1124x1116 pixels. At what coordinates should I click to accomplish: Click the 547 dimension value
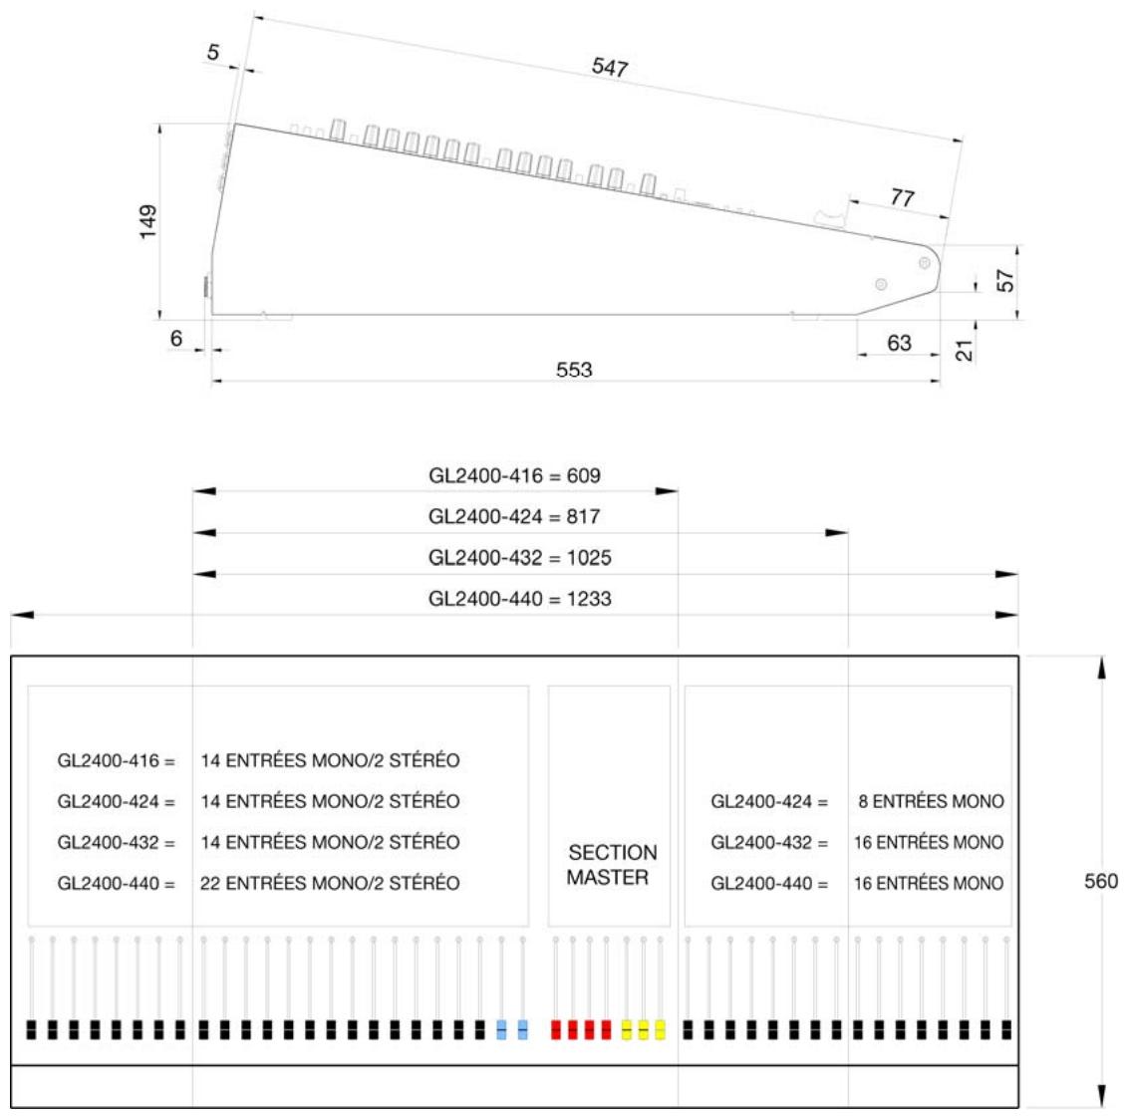(x=610, y=68)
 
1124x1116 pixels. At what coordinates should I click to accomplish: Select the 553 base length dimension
(x=574, y=370)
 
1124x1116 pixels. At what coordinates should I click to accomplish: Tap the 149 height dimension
(x=147, y=221)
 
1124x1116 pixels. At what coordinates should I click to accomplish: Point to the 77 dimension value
(x=903, y=197)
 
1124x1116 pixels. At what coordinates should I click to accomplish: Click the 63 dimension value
(x=899, y=344)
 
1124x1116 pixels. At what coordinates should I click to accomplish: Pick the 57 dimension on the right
(x=1005, y=280)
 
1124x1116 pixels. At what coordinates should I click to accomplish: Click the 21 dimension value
(x=965, y=351)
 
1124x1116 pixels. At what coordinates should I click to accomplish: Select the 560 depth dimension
(x=1101, y=881)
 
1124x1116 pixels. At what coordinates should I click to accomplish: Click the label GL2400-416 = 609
(x=515, y=476)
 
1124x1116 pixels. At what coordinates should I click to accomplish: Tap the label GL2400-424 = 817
(x=514, y=517)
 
